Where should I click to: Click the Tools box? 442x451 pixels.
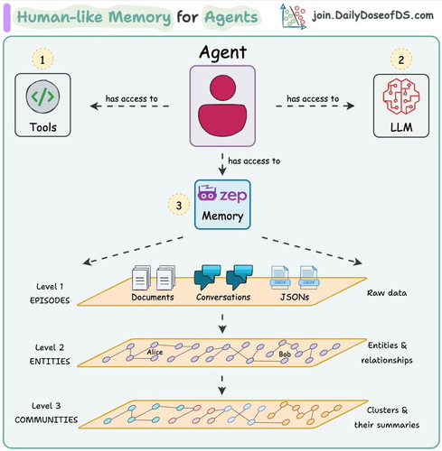(x=42, y=105)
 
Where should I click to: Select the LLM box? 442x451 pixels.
(x=401, y=106)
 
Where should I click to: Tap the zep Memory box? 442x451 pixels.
(x=222, y=205)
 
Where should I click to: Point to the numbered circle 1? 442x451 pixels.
(x=42, y=60)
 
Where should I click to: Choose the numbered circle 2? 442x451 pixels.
(x=401, y=60)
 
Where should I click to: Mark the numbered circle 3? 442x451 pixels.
(x=179, y=205)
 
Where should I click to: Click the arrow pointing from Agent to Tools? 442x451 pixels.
(x=129, y=106)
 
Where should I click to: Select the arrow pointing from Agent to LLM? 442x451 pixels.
(x=315, y=106)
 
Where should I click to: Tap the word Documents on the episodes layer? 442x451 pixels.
(x=153, y=297)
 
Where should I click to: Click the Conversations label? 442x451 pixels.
(x=223, y=297)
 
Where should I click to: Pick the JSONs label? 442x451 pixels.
(x=295, y=297)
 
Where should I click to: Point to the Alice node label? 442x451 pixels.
(x=155, y=352)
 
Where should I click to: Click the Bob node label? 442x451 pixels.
(x=285, y=354)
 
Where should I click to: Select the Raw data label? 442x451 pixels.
(x=387, y=293)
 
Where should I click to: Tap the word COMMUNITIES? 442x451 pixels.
(x=46, y=419)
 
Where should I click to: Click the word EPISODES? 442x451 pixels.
(x=50, y=300)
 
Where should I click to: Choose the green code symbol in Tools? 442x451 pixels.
(x=42, y=97)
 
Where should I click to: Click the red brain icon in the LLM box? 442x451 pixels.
(x=401, y=97)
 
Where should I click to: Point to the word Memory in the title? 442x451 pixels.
(x=140, y=17)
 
